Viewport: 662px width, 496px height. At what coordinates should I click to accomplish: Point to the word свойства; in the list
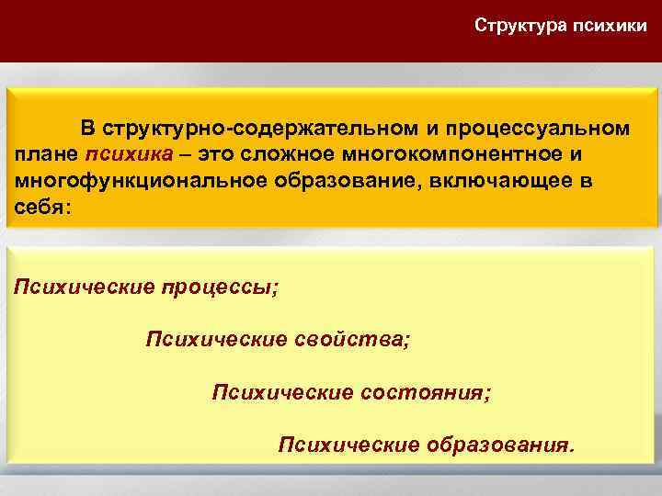pyautogui.click(x=352, y=340)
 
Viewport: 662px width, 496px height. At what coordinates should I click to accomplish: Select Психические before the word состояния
pyautogui.click(x=282, y=392)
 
